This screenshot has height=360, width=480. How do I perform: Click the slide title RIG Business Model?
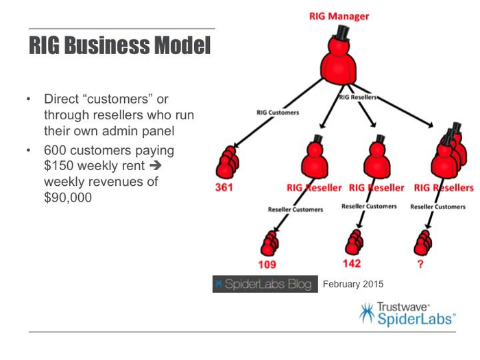point(120,47)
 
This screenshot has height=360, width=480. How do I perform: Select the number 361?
point(224,187)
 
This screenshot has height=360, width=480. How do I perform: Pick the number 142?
point(351,262)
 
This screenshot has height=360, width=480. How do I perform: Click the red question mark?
point(420,264)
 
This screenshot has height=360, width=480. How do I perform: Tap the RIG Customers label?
point(278,113)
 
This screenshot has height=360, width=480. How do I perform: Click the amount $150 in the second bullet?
point(60,165)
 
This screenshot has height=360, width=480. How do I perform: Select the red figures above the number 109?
point(270,241)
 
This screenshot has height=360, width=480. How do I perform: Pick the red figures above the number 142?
point(354,240)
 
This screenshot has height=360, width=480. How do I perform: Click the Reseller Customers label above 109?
point(295,209)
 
